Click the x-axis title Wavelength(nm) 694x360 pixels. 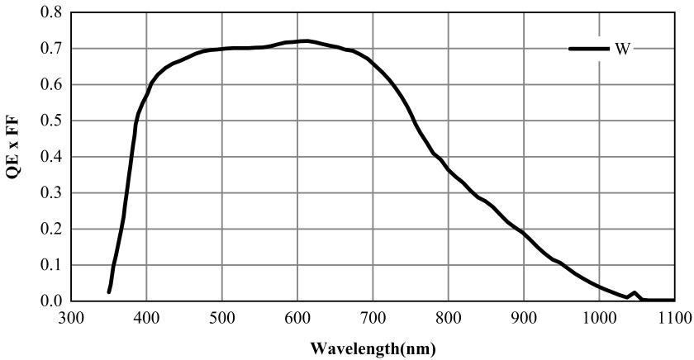[373, 347]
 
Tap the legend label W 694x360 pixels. [622, 49]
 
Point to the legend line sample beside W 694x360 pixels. [589, 49]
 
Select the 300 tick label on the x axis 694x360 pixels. [71, 317]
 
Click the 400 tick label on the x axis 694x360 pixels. [146, 317]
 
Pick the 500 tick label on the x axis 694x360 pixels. [222, 317]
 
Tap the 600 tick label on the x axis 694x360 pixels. [297, 317]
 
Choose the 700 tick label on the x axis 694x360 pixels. [373, 317]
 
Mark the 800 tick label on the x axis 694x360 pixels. [449, 317]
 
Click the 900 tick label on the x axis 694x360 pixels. [524, 317]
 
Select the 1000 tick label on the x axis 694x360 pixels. [599, 317]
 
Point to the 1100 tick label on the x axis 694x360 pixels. [674, 317]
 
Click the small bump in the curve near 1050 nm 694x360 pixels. [635, 292]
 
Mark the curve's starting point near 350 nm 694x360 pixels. [109, 291]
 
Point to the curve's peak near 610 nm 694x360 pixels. [306, 40]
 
